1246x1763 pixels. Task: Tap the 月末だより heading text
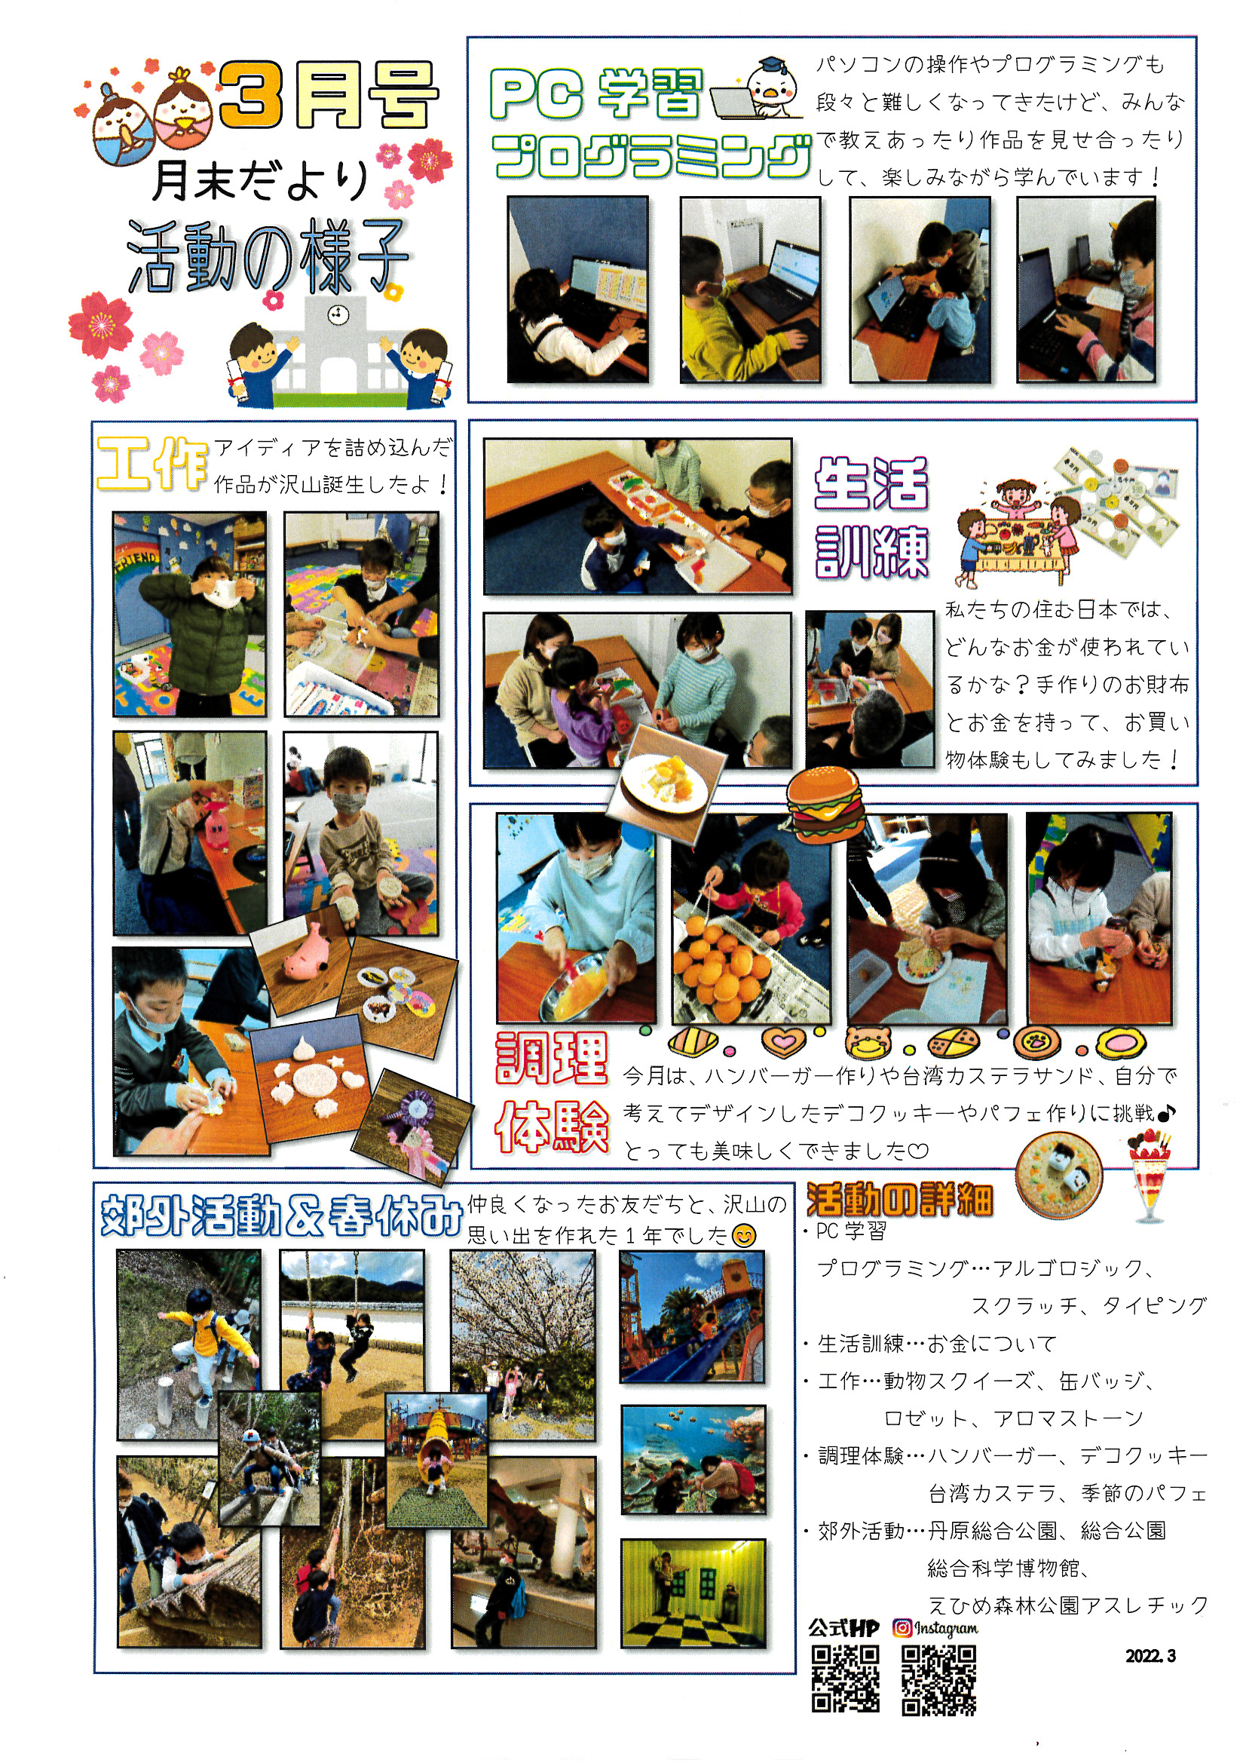tap(260, 179)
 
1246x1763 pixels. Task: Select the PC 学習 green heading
tap(596, 94)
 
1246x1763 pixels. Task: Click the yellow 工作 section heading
tap(152, 464)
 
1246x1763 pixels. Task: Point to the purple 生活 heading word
tap(871, 484)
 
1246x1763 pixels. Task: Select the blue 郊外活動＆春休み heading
tap(282, 1216)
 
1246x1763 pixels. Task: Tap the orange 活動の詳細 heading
tap(899, 1200)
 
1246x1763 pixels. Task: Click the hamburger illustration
tap(826, 805)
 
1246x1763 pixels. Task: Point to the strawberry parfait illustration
tap(1150, 1176)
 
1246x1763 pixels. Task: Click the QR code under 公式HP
tap(845, 1679)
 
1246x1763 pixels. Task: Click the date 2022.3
tap(1150, 1655)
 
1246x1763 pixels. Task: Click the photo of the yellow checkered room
tap(693, 1593)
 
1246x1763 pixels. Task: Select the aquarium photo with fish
tap(693, 1460)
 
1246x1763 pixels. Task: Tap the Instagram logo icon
tap(902, 1627)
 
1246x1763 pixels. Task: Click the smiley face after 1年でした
tap(744, 1235)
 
